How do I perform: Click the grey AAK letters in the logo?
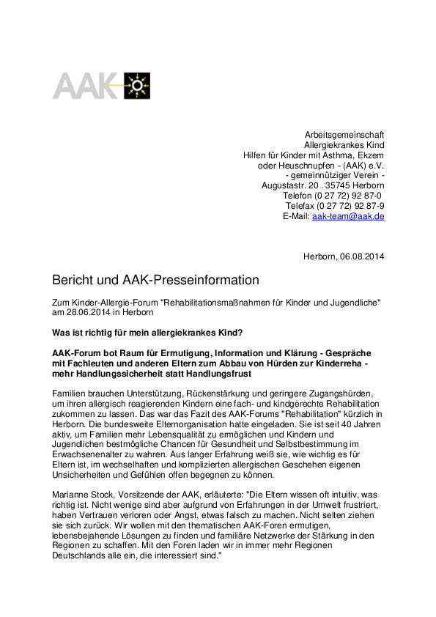coord(86,86)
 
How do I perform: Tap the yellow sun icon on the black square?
coord(136,86)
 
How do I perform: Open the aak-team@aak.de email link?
coord(348,217)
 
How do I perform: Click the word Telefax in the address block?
coord(301,207)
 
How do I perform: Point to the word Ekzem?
coord(371,155)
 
